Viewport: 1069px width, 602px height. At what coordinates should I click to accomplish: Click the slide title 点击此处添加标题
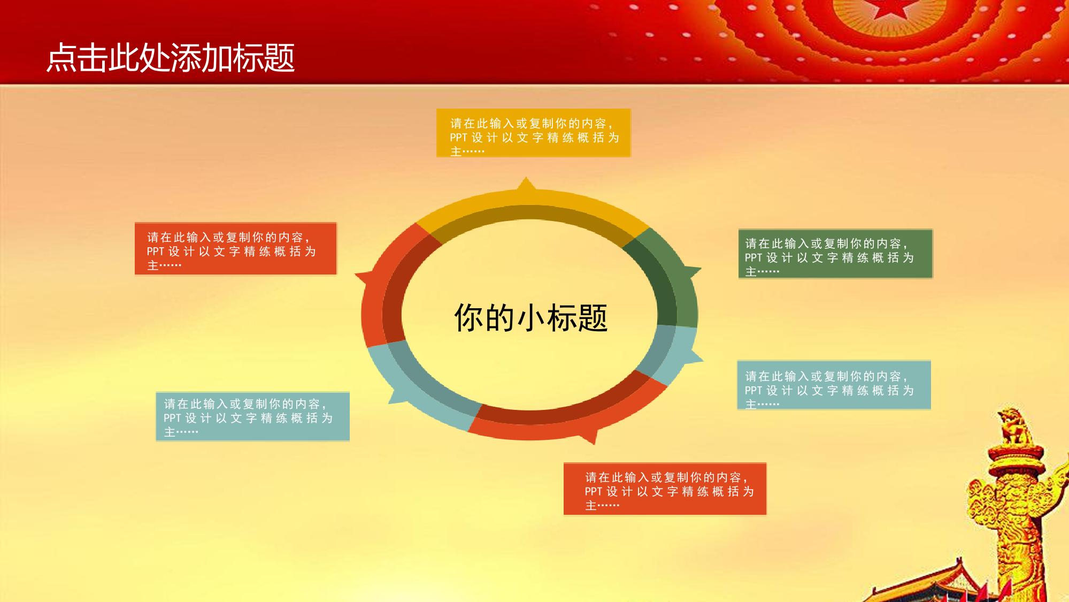click(171, 58)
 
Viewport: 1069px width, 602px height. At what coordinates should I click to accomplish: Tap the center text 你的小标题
click(531, 317)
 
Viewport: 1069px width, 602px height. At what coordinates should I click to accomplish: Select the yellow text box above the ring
click(534, 133)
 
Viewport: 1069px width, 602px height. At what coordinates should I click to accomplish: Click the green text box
click(835, 254)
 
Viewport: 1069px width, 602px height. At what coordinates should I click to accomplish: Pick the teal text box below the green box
click(834, 385)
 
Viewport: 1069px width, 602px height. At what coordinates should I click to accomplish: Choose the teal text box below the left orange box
click(252, 417)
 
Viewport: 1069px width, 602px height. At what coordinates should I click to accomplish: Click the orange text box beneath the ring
click(665, 489)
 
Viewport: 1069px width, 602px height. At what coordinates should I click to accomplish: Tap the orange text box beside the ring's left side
click(236, 249)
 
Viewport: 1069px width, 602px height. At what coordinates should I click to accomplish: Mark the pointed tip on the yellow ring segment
click(526, 178)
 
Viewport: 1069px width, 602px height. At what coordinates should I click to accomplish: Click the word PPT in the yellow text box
click(458, 138)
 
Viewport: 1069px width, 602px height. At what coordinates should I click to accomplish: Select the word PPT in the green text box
click(753, 258)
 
